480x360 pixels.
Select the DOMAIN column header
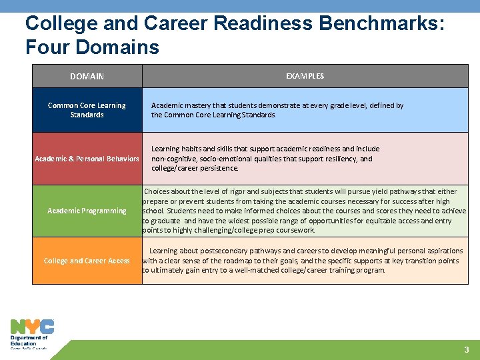point(87,77)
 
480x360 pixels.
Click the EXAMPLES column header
point(305,76)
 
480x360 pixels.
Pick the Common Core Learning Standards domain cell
point(87,110)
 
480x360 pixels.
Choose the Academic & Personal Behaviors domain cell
point(87,159)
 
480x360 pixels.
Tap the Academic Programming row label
point(87,211)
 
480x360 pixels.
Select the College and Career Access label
point(87,261)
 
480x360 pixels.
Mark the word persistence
point(217,168)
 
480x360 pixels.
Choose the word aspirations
point(441,251)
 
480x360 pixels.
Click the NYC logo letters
point(32,327)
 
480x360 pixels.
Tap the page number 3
point(467,350)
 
